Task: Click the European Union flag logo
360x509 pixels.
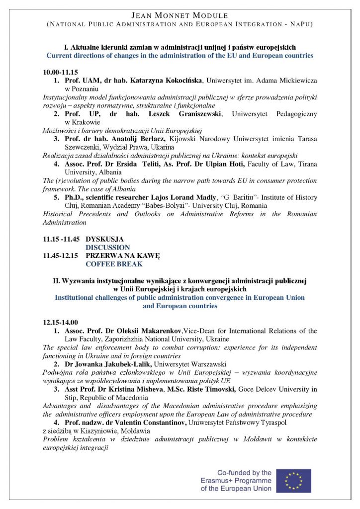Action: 293,481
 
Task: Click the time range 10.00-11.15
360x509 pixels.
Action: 60,72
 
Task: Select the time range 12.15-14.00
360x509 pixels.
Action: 60,322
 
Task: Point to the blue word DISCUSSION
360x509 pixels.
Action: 108,247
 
